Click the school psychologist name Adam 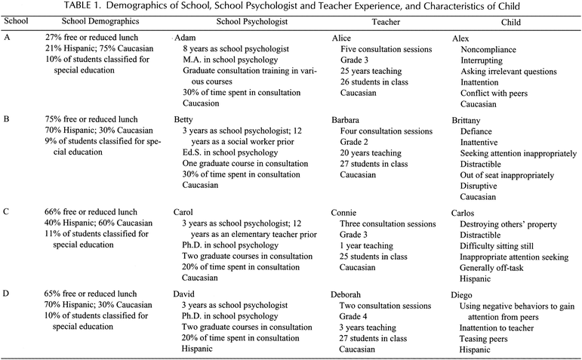coord(186,38)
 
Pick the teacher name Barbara coord(350,119)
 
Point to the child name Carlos coord(467,214)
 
